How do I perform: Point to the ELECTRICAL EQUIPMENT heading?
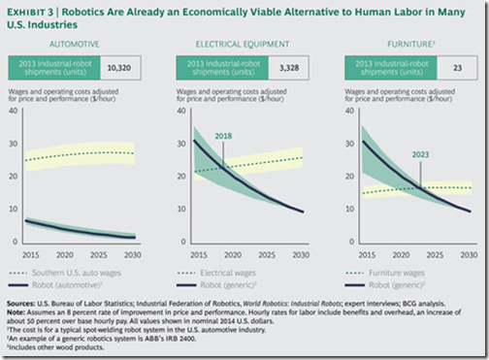(242, 45)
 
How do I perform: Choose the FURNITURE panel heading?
(400, 45)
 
